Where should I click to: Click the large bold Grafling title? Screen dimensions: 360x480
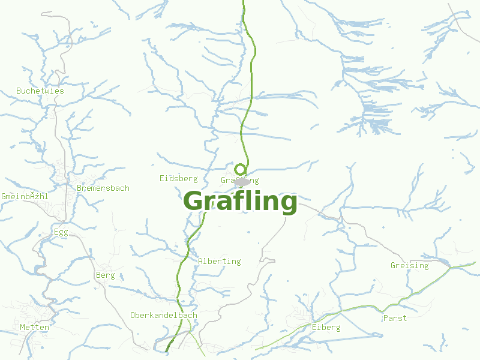coord(240,202)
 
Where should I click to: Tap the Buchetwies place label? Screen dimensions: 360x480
coord(40,91)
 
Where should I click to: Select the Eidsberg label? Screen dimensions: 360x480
coord(179,178)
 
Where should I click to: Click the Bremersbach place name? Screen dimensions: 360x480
coord(103,188)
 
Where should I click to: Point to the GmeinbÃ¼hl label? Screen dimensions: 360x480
coord(25,196)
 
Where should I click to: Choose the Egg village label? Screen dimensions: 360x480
coord(61,232)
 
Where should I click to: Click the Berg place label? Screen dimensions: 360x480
coord(105,275)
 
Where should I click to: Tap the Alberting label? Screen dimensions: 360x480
coord(219,261)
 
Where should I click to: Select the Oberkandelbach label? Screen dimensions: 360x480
coord(164,315)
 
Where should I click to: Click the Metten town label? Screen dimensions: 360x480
coord(34,327)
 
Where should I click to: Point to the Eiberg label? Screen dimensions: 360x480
coord(326,327)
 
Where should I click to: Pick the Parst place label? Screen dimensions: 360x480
coord(395,318)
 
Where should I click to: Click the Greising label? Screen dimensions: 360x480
coord(410,265)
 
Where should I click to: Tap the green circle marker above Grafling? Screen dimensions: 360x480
coord(240,169)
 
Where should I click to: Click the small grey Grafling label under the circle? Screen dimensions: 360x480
coord(239,180)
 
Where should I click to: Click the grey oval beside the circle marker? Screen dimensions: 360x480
coord(244,181)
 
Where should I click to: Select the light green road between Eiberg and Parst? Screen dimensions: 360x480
coord(360,307)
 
